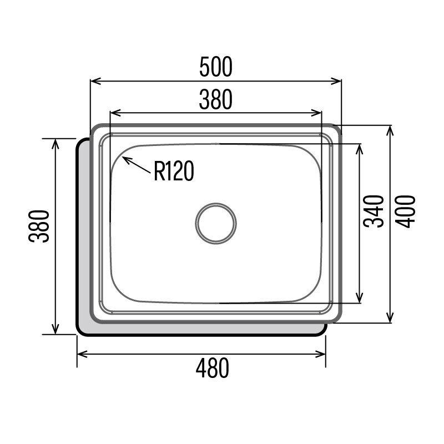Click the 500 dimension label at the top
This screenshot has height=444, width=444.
click(x=215, y=67)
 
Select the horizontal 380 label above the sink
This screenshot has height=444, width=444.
click(x=215, y=100)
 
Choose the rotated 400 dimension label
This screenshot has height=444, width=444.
click(x=406, y=211)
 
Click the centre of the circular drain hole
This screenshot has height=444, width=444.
click(x=215, y=223)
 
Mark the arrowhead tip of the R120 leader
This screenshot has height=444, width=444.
click(x=123, y=158)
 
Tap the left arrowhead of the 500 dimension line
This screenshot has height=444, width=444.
click(x=92, y=82)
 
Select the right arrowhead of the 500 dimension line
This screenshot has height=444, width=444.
click(x=340, y=82)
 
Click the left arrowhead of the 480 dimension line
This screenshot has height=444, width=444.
click(x=78, y=354)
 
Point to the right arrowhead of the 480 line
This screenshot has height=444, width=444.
click(x=324, y=354)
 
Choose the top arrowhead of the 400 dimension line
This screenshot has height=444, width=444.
click(x=391, y=127)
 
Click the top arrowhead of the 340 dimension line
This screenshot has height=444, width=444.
click(x=359, y=145)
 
